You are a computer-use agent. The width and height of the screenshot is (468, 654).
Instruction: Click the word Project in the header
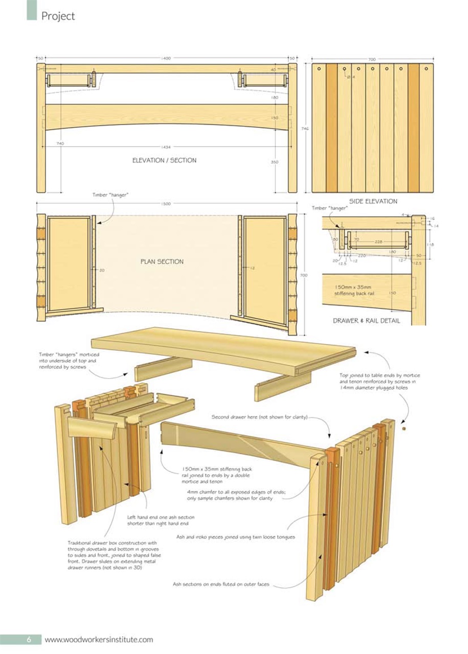coord(58,16)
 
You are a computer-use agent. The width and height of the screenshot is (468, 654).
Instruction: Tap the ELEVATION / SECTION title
coord(164,160)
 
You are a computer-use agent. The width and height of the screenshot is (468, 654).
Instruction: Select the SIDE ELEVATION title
coord(373,201)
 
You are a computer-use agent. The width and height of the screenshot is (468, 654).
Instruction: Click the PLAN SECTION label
coord(162,262)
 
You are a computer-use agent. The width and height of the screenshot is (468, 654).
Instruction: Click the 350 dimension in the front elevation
coord(275,161)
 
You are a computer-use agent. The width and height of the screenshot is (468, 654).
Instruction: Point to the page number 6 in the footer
coord(30,639)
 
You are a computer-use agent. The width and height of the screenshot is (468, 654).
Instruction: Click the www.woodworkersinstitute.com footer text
coord(99,639)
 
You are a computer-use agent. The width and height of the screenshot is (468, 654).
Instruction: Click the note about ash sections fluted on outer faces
coord(222,585)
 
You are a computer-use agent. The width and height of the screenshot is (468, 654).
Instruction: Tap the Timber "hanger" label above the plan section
coord(110,195)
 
